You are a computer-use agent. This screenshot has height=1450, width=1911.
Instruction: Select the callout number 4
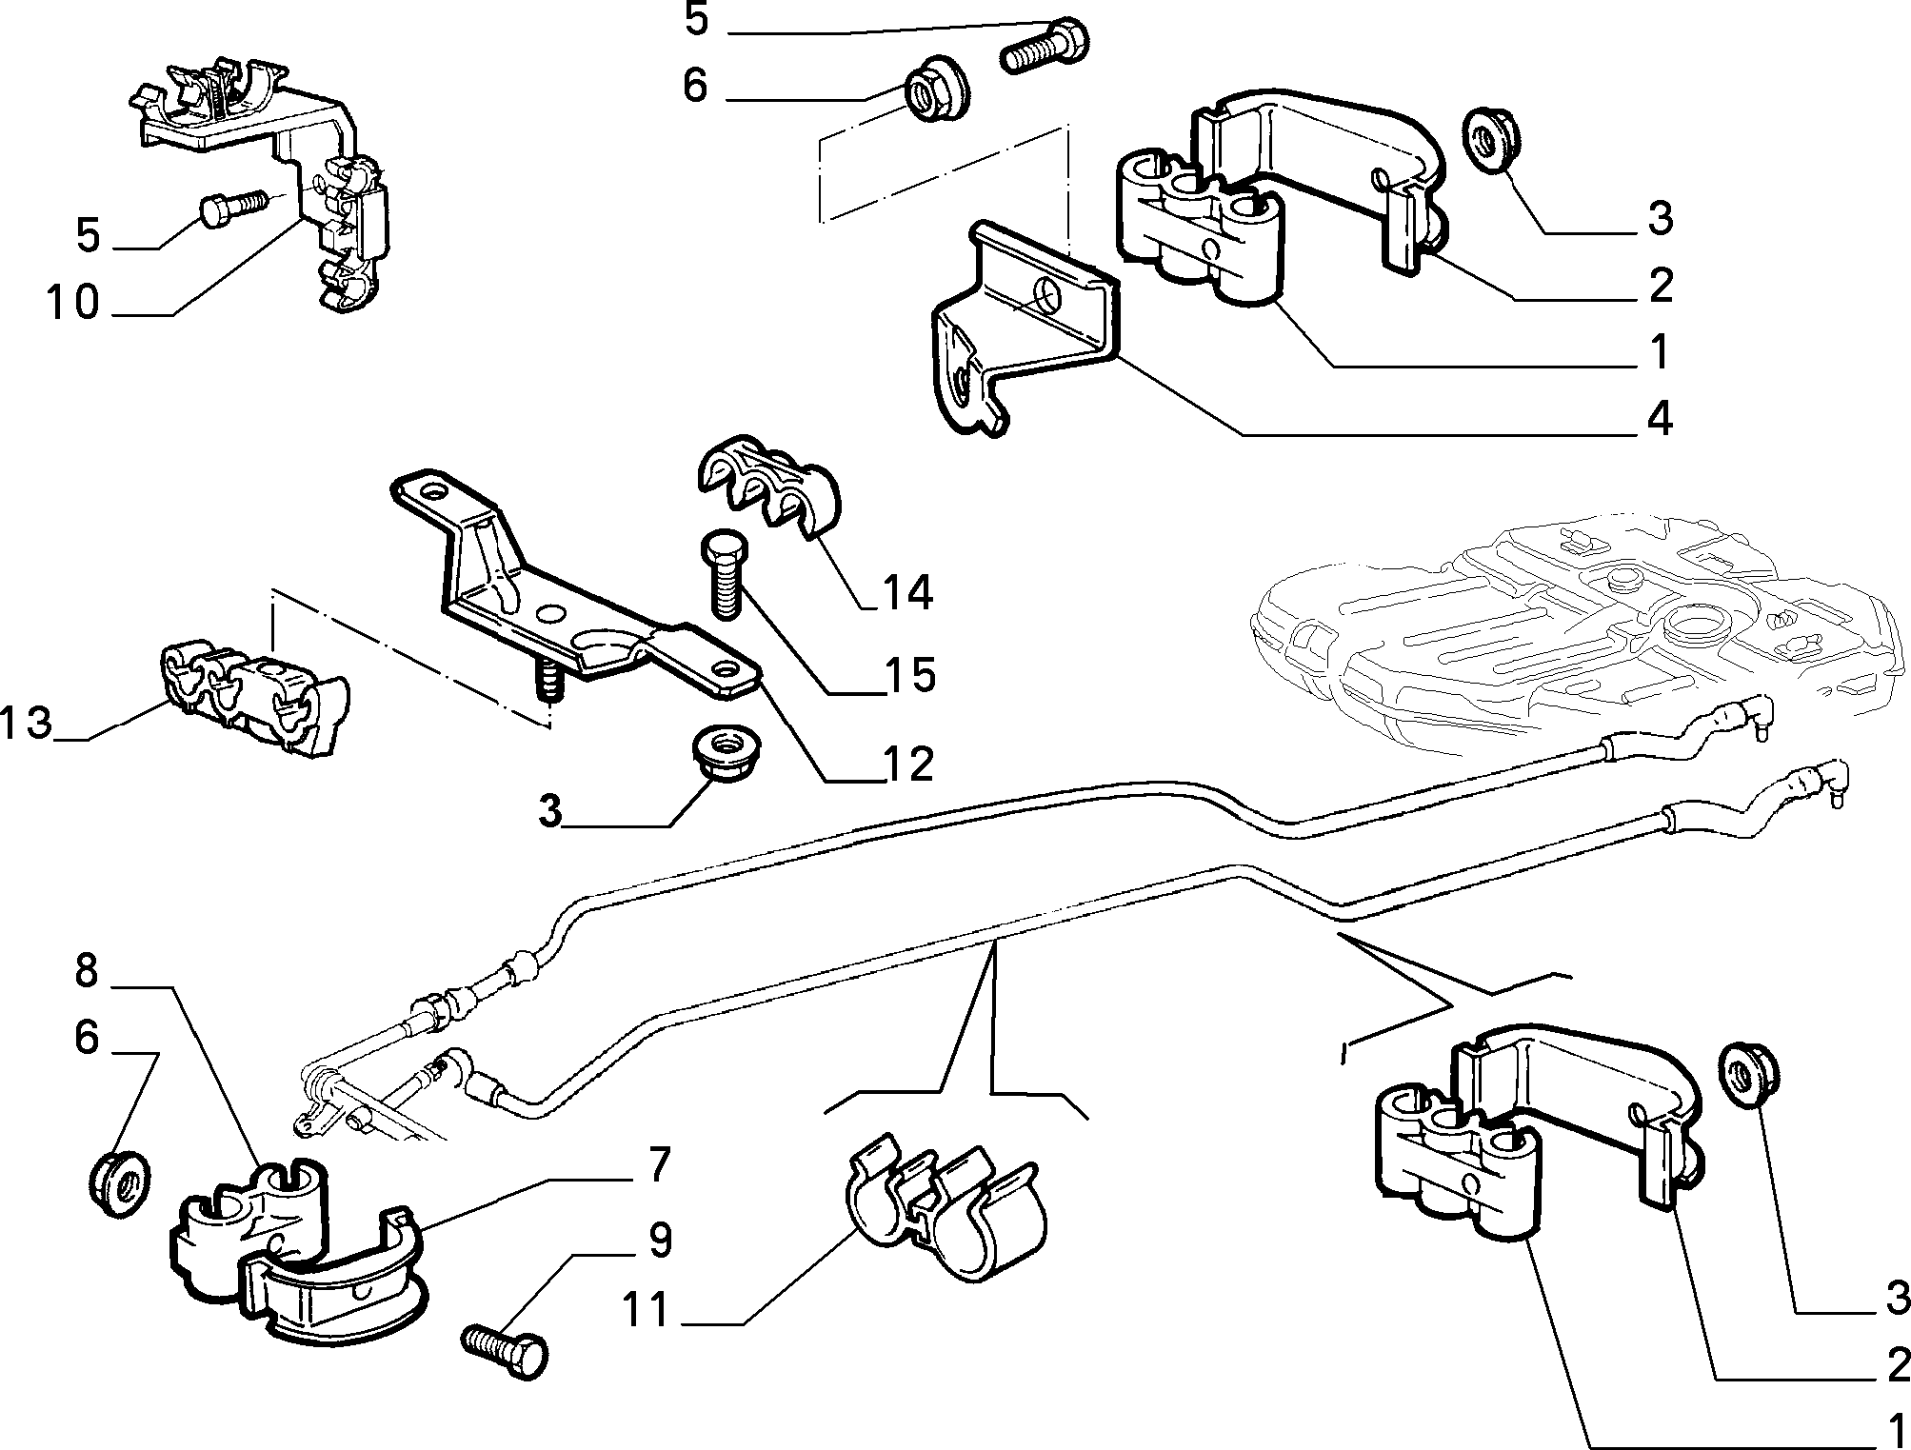pyautogui.click(x=1660, y=419)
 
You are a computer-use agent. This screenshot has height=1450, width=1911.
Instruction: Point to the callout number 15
pyautogui.click(x=908, y=675)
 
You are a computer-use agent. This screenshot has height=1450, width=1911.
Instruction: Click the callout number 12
pyautogui.click(x=906, y=764)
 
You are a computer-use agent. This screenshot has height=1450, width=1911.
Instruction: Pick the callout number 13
pyautogui.click(x=26, y=723)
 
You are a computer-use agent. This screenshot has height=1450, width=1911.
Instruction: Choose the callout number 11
pyautogui.click(x=650, y=1308)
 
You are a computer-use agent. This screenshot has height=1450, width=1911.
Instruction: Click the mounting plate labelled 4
pyautogui.click(x=1024, y=324)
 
